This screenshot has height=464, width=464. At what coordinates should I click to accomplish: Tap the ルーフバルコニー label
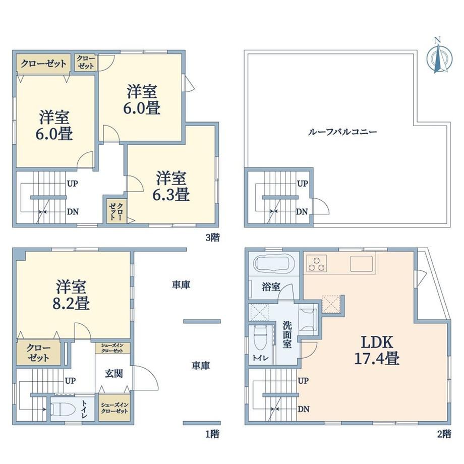click(342, 132)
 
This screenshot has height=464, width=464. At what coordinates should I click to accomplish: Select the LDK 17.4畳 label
click(377, 350)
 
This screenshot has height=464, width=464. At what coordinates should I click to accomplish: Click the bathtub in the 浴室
click(271, 263)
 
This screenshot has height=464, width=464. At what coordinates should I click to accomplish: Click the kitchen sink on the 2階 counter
click(361, 263)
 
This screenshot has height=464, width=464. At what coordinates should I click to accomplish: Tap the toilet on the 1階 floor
click(61, 409)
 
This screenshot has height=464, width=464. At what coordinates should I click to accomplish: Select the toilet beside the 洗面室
click(260, 338)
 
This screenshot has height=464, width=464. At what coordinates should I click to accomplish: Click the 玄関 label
click(114, 374)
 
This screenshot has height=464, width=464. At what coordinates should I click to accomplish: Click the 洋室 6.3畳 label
click(171, 186)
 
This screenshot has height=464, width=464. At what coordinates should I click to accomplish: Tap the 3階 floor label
click(213, 238)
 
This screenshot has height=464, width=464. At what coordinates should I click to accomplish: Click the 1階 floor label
click(213, 434)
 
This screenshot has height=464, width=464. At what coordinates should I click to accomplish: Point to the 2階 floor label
click(444, 434)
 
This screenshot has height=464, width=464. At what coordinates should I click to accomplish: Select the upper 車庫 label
click(181, 284)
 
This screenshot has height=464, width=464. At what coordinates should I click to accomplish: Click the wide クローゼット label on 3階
click(43, 64)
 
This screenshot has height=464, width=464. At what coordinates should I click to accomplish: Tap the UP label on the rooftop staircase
click(303, 184)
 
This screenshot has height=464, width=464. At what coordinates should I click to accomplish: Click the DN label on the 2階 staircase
click(303, 409)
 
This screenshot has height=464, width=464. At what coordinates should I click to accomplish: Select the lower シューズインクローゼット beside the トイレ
click(114, 408)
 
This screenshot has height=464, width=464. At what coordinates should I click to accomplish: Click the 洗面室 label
click(287, 334)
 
